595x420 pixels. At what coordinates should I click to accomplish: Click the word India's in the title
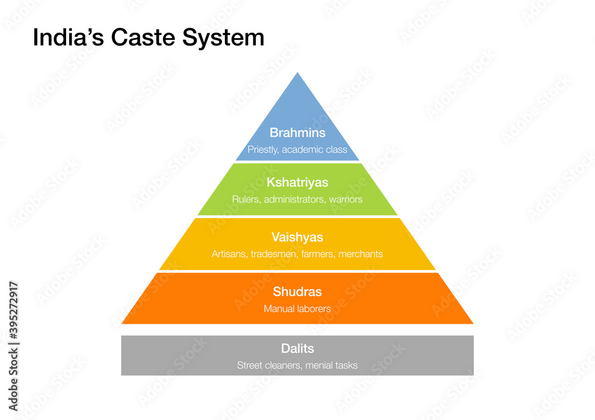[64, 37]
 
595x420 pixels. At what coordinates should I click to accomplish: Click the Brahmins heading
[297, 132]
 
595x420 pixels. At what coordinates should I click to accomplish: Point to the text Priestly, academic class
[297, 150]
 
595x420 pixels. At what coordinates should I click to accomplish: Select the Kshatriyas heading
[297, 182]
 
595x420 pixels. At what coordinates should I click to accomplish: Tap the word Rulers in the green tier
[246, 200]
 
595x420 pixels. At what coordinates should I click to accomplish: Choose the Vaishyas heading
[297, 237]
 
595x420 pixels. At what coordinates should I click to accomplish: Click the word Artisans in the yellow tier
[230, 254]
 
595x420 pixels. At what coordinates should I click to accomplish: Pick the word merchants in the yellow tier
[361, 254]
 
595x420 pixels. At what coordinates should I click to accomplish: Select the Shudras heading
[297, 292]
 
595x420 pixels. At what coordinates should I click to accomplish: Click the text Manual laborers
[297, 309]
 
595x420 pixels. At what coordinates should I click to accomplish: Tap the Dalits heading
[297, 348]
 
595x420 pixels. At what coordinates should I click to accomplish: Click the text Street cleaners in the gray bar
[269, 365]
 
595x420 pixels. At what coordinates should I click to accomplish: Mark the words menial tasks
[331, 365]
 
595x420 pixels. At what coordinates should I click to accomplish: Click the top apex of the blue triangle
[297, 74]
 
